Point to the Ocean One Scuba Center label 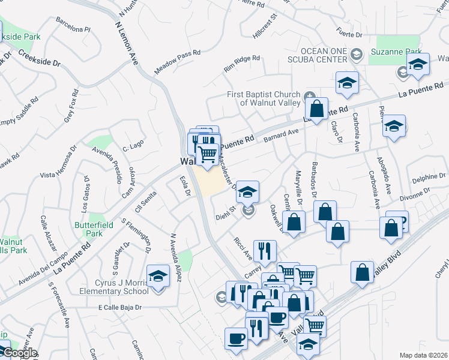coord(324,55)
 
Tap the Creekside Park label coord(21,37)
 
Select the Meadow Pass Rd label coord(176,62)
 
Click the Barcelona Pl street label coord(73,28)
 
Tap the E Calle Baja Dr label coord(120,307)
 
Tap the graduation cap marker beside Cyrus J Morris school coord(158,277)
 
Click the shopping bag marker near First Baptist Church coord(316,110)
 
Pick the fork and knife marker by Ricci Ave coord(265,251)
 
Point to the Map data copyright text coord(424,355)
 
